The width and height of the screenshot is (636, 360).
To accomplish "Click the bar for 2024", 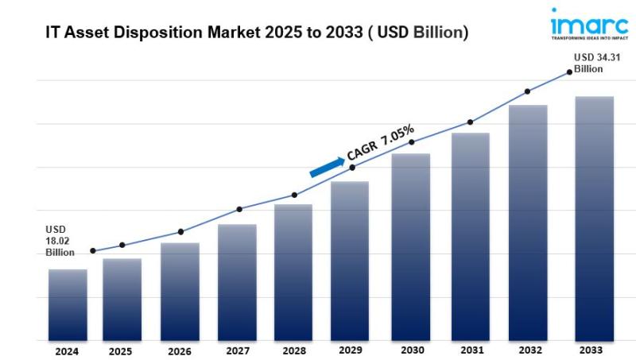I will click(x=68, y=304).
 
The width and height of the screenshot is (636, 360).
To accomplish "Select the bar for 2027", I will click(x=237, y=282).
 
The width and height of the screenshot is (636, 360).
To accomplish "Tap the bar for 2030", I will click(x=411, y=246).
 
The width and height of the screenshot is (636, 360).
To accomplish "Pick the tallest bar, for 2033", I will click(x=595, y=219).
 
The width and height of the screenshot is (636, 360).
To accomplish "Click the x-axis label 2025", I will click(x=120, y=350).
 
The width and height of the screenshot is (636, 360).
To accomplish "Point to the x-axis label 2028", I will click(x=294, y=350).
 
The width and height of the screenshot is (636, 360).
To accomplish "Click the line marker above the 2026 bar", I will click(x=180, y=232).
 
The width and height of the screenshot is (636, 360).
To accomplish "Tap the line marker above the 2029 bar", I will click(x=352, y=167).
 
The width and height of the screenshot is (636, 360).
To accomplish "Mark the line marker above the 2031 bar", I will click(x=470, y=122).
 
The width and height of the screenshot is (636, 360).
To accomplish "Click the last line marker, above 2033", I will click(x=570, y=72).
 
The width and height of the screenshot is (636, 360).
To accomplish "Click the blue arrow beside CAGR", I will click(x=326, y=165).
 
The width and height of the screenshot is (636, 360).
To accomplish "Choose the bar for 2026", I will click(x=180, y=292).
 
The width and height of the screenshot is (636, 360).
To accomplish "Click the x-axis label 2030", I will click(x=410, y=350).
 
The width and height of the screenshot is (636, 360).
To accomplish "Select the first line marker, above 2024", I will click(x=93, y=251).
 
